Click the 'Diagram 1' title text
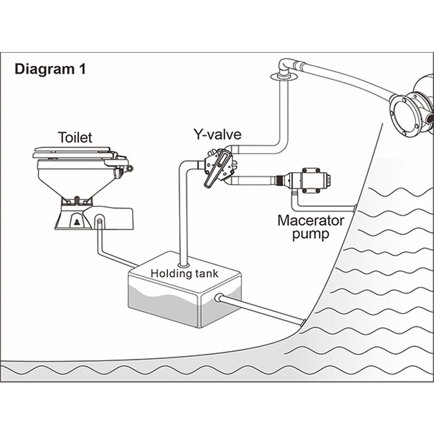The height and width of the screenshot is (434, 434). (x=50, y=69)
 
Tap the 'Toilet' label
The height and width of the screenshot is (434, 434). (x=76, y=137)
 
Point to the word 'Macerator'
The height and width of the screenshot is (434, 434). (x=311, y=221)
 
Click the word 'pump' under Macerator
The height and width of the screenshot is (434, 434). (x=311, y=234)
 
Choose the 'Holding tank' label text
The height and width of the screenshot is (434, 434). (x=184, y=273)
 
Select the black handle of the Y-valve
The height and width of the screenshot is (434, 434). (x=215, y=168)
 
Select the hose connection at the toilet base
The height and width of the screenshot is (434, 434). (x=99, y=221)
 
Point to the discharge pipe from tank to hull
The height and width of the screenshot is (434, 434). (x=260, y=308)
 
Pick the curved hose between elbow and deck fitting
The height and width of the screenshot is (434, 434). (x=347, y=81)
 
